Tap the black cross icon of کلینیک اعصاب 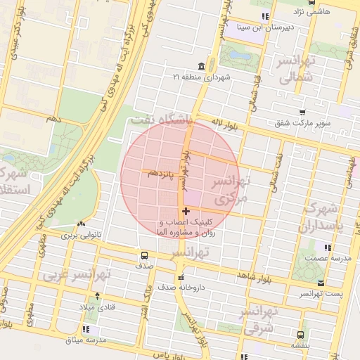click(186, 211)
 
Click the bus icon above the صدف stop click(144, 255)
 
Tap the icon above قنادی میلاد click(97, 296)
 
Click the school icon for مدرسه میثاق click(86, 329)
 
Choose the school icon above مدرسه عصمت click(327, 247)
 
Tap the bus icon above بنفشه click(301, 335)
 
